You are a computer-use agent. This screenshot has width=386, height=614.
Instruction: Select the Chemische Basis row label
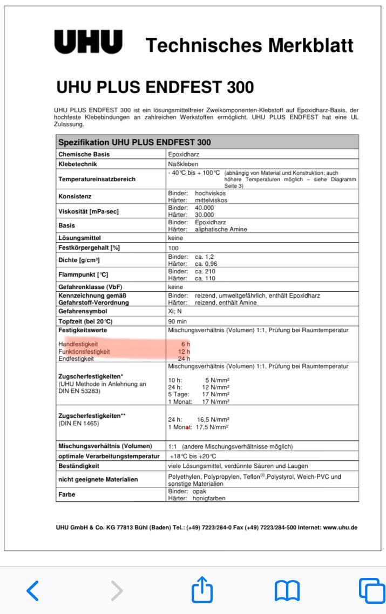point(83,154)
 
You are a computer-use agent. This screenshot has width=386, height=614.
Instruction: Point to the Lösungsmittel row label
point(81,237)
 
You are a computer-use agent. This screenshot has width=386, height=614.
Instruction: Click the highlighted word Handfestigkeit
point(82,343)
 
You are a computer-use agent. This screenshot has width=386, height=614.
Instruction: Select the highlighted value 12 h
point(185,351)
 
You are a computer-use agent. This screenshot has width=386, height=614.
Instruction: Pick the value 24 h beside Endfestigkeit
point(185,358)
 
